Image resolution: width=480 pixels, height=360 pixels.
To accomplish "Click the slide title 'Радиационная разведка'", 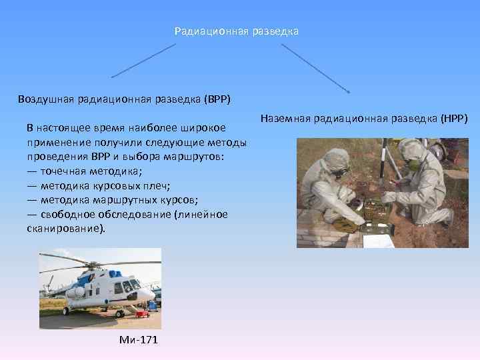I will (237, 31).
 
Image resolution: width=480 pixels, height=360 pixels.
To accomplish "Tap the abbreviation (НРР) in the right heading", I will (454, 119).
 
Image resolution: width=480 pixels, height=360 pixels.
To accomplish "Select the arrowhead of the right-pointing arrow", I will (348, 90).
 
